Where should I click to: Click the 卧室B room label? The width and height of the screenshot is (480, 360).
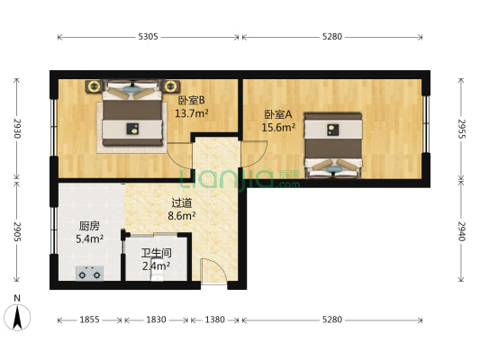point(191,101)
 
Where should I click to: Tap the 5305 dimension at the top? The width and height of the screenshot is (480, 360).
point(149,37)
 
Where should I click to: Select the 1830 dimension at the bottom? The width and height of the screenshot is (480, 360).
point(157,320)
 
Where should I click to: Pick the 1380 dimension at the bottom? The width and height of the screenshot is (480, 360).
point(215,320)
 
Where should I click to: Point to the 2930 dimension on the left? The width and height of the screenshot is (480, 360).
point(16,128)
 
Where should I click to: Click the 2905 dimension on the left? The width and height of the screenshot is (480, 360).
point(16,232)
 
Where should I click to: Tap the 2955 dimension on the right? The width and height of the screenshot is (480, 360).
point(462,129)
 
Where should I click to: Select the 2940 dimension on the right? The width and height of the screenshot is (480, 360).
point(462,232)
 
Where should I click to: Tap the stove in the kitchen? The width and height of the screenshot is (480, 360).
point(89,274)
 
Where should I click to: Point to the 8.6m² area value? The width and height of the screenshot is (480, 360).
point(182,216)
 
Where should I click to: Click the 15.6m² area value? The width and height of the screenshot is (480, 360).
point(278,128)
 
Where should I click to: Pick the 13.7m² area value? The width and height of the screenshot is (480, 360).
point(191,113)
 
